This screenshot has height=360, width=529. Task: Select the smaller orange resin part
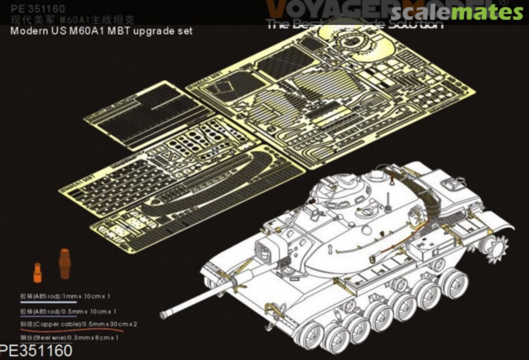(x=38, y=272)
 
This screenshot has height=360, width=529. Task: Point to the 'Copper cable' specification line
(x=68, y=324)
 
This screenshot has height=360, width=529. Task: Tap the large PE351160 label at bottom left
(x=37, y=351)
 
